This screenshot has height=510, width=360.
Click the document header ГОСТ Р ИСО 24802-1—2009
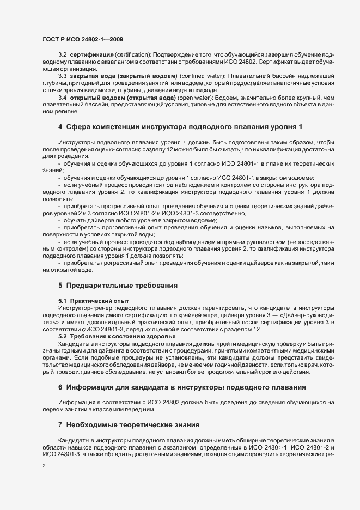coord(81,39)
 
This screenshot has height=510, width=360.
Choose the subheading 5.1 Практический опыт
coord(86,301)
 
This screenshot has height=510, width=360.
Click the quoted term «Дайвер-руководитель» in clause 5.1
coord(307,315)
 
